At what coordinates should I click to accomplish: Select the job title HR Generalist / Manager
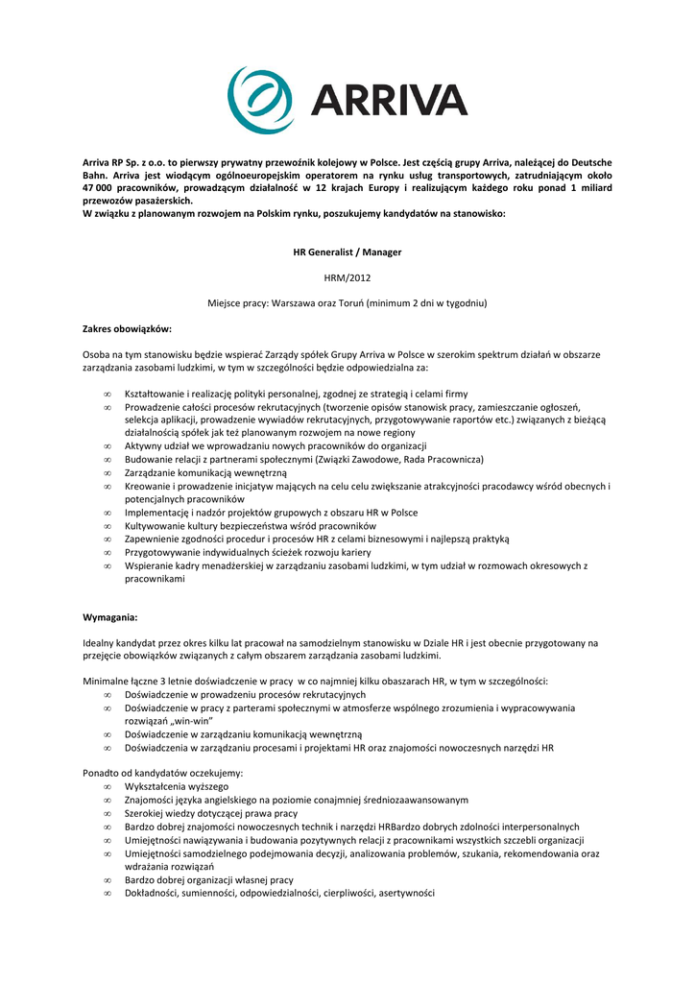[x=347, y=252]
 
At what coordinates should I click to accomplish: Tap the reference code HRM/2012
[x=347, y=277]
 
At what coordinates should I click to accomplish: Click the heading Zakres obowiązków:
[x=127, y=329]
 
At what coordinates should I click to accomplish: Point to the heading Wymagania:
[x=110, y=617]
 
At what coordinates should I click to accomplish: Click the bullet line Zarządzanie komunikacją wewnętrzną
[x=205, y=473]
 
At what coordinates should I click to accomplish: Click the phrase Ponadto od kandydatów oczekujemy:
[x=163, y=773]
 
